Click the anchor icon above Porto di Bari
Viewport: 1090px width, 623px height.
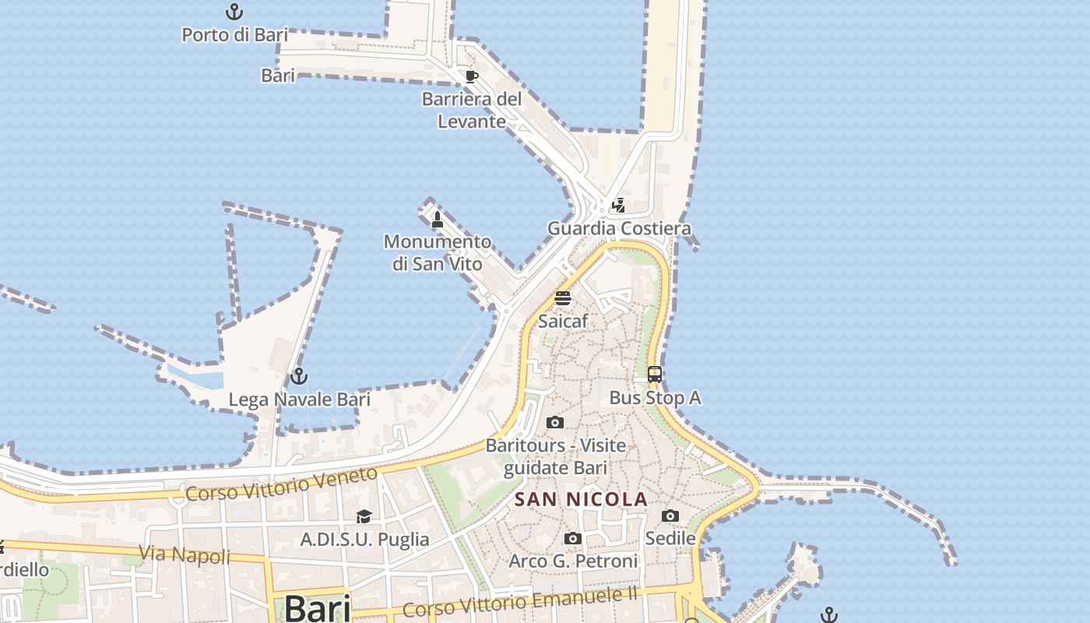pos(234,12)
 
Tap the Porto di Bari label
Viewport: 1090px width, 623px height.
pos(234,35)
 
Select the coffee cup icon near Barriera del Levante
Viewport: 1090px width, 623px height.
pos(471,76)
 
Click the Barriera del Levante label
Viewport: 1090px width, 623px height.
pos(471,111)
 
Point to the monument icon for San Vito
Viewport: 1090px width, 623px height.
pos(438,220)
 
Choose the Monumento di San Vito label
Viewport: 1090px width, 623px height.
pos(438,253)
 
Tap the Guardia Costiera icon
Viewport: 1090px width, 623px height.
pos(618,206)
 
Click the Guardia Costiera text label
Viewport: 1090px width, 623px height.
pos(619,229)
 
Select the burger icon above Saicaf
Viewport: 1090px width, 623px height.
pos(563,298)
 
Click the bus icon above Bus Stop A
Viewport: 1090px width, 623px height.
pos(655,375)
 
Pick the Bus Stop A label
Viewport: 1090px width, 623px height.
pos(655,398)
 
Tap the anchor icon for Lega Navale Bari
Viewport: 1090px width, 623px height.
pos(298,377)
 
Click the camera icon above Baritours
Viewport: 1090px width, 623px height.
pos(555,423)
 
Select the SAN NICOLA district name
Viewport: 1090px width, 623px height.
pos(582,499)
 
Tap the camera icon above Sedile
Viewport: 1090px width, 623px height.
pos(670,516)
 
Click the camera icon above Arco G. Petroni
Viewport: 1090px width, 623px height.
pos(573,539)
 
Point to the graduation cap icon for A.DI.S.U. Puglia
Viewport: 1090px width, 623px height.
pos(364,516)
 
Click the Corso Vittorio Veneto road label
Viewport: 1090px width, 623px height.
pos(281,484)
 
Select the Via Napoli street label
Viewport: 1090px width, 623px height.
pos(185,554)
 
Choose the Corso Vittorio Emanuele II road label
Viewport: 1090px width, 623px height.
pos(520,602)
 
